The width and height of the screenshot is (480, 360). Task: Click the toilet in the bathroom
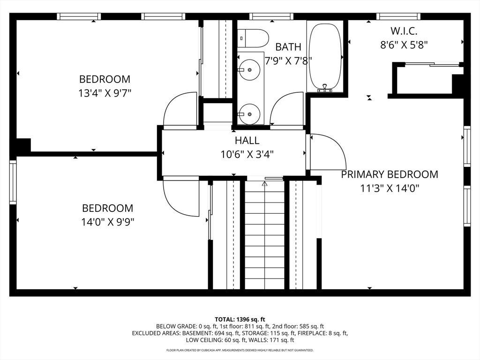tap(253, 38)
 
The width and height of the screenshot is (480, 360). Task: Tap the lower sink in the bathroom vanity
tap(249, 113)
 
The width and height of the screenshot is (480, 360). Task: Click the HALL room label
tap(247, 140)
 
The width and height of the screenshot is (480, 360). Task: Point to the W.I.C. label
tap(404, 31)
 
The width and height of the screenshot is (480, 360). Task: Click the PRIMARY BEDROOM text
tap(390, 174)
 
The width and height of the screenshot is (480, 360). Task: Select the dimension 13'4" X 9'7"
tap(105, 93)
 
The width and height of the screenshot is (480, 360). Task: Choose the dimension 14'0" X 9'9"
tap(108, 222)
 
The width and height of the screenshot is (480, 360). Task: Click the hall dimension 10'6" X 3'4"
tap(247, 154)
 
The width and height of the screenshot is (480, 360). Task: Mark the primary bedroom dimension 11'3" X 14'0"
tap(390, 188)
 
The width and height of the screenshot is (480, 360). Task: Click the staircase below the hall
tap(265, 234)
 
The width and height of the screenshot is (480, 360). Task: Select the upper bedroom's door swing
tap(181, 110)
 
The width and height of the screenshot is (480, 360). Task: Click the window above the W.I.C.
tap(398, 16)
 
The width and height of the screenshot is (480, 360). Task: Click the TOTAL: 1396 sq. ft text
tap(240, 319)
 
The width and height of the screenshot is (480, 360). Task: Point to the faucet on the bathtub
tap(324, 88)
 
